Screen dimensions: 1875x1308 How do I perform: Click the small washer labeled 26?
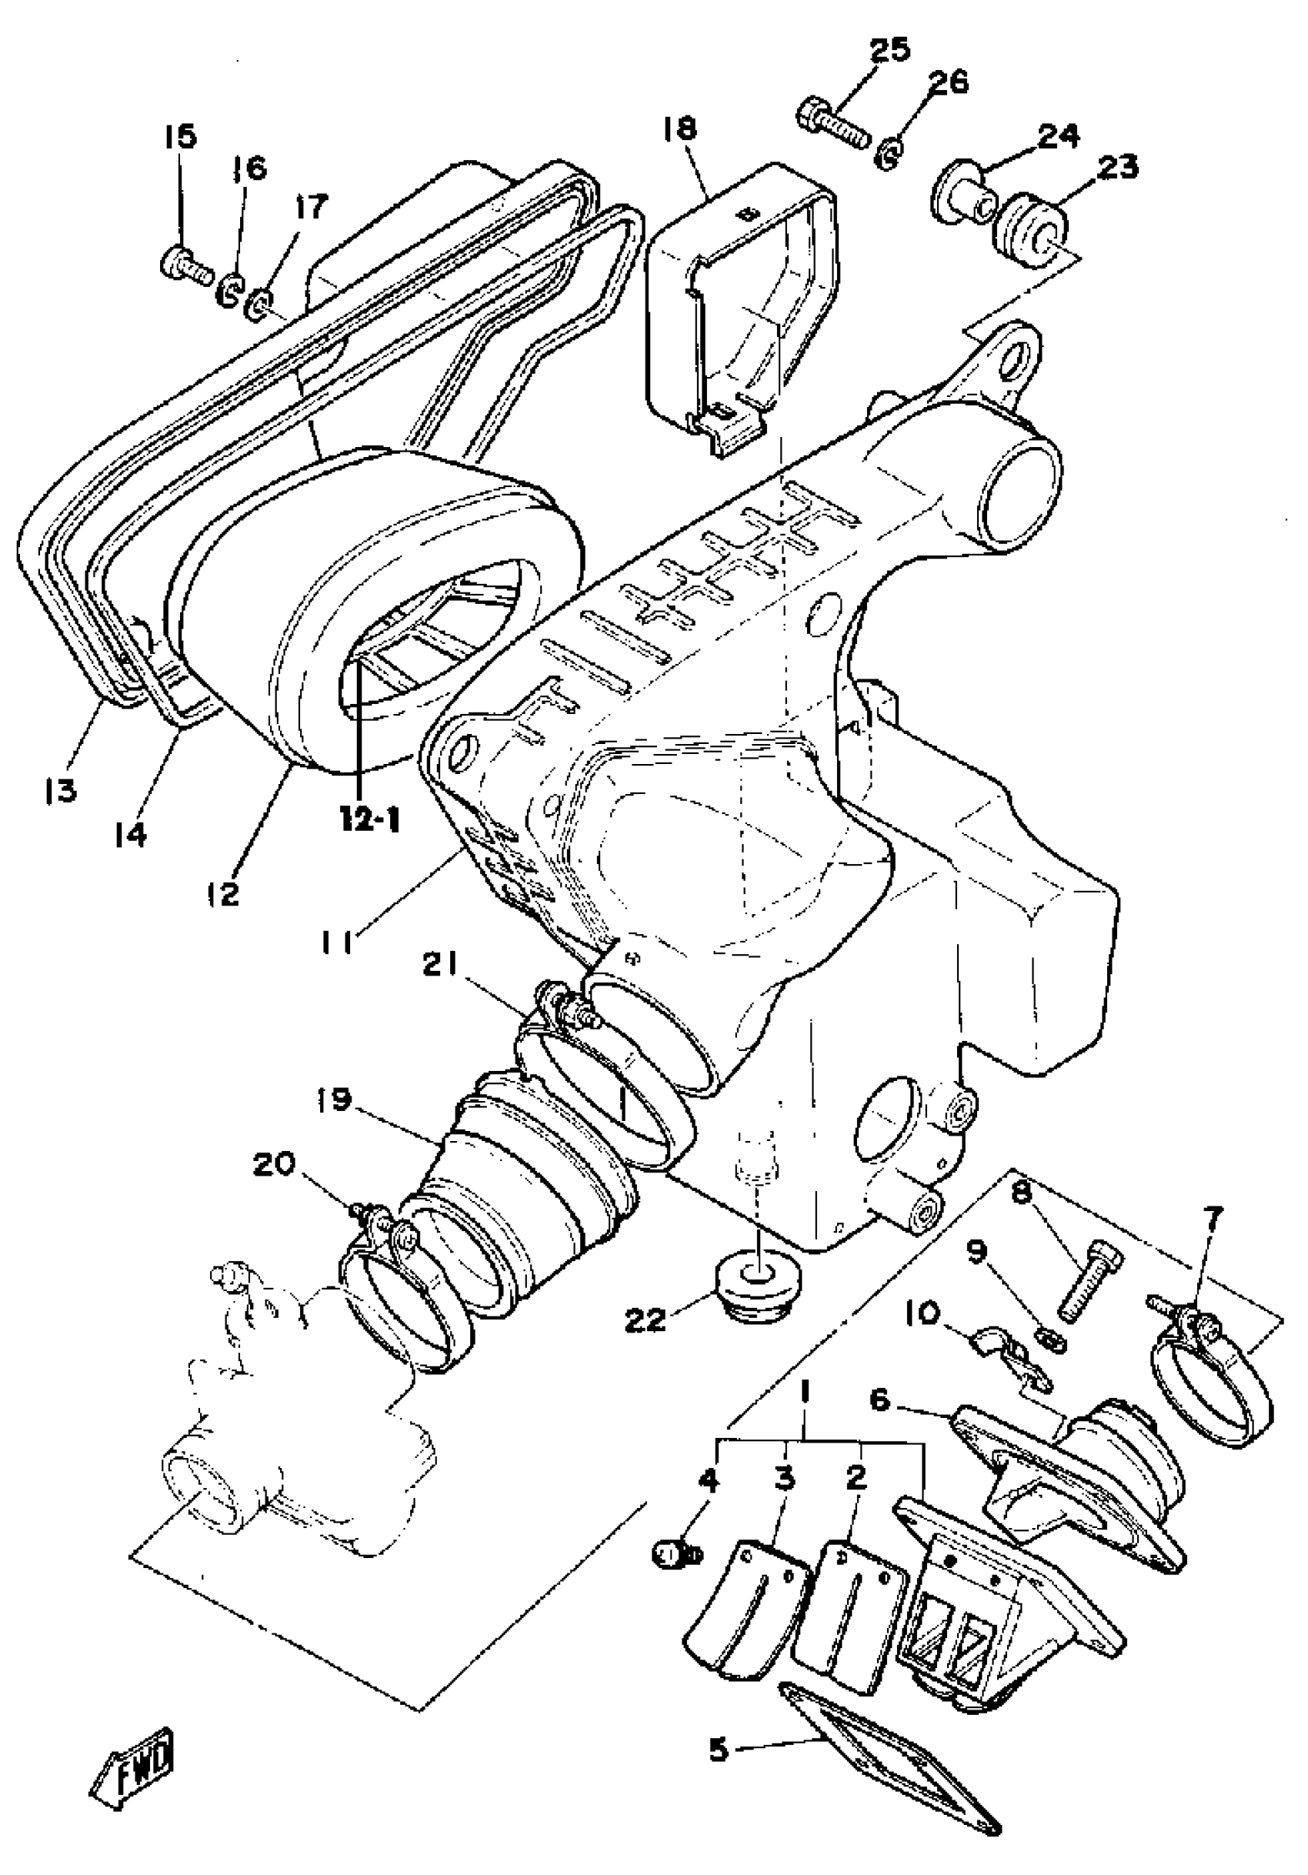point(886,155)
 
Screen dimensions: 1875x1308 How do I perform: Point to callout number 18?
point(682,128)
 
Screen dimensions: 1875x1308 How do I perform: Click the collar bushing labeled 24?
point(963,192)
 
